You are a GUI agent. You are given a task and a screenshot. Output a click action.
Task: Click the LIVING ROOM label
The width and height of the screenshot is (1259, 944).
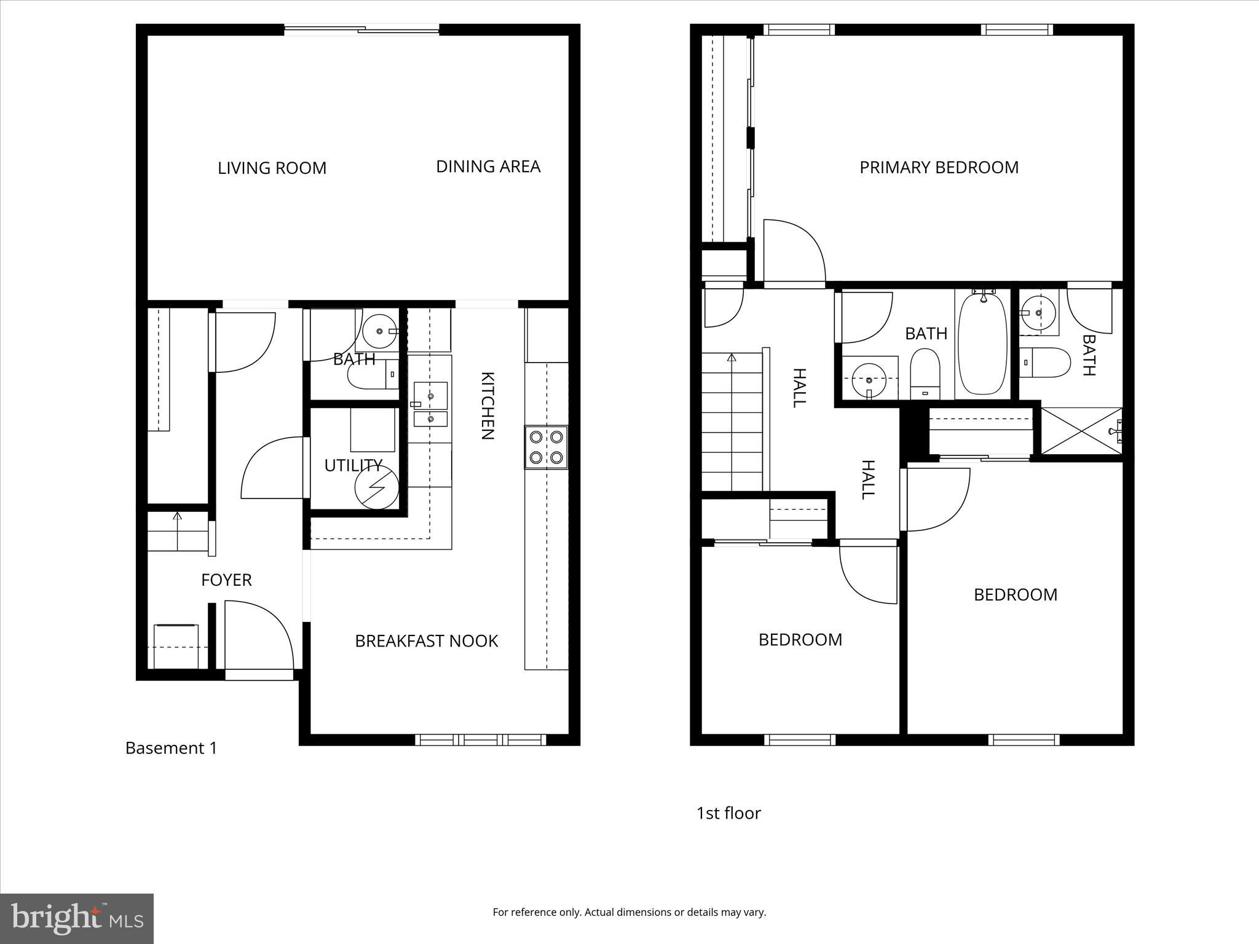click(x=272, y=168)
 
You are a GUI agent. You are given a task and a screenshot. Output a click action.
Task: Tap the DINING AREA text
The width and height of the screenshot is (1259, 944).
click(x=488, y=167)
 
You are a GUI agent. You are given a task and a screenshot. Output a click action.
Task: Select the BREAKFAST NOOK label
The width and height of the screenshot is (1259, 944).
click(x=426, y=641)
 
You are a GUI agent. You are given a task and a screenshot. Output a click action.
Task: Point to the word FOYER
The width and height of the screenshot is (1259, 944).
click(x=226, y=580)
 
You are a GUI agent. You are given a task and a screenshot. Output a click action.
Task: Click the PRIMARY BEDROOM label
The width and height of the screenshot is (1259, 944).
click(x=939, y=168)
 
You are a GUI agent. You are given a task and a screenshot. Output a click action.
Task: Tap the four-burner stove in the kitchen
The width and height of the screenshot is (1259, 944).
click(x=546, y=447)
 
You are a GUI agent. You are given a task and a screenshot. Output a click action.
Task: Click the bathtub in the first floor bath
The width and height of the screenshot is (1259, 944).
click(x=982, y=344)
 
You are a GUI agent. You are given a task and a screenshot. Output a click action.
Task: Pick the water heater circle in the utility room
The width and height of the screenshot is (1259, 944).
click(x=376, y=487)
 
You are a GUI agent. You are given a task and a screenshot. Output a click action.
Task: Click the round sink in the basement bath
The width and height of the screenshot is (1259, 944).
click(x=379, y=331)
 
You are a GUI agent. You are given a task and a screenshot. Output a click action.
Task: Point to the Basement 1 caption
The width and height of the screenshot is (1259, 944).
click(x=171, y=748)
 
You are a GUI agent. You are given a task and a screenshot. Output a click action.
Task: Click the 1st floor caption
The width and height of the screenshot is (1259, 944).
click(x=728, y=813)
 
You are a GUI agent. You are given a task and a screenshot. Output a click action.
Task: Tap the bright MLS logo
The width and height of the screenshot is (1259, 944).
click(x=77, y=919)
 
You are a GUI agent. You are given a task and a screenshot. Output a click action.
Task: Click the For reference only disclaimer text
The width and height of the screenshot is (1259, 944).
click(x=629, y=912)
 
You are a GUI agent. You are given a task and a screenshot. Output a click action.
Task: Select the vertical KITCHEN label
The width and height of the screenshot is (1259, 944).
click(x=487, y=406)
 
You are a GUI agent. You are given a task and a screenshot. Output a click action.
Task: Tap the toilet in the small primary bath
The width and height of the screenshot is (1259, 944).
click(x=1044, y=363)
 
